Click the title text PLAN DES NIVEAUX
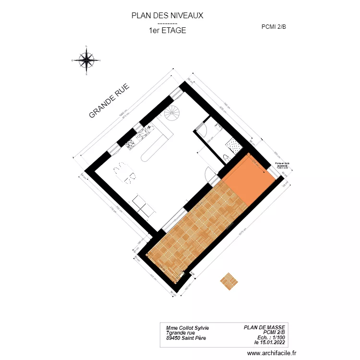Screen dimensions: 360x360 click(167, 15)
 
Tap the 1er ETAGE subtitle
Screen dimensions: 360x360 click(167, 30)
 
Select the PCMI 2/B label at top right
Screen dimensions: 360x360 click(274, 27)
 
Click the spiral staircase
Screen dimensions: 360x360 click(172, 113)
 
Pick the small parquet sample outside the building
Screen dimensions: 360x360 click(229, 281)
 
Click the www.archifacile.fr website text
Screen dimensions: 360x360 click(272, 353)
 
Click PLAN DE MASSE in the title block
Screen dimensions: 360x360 click(264, 327)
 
